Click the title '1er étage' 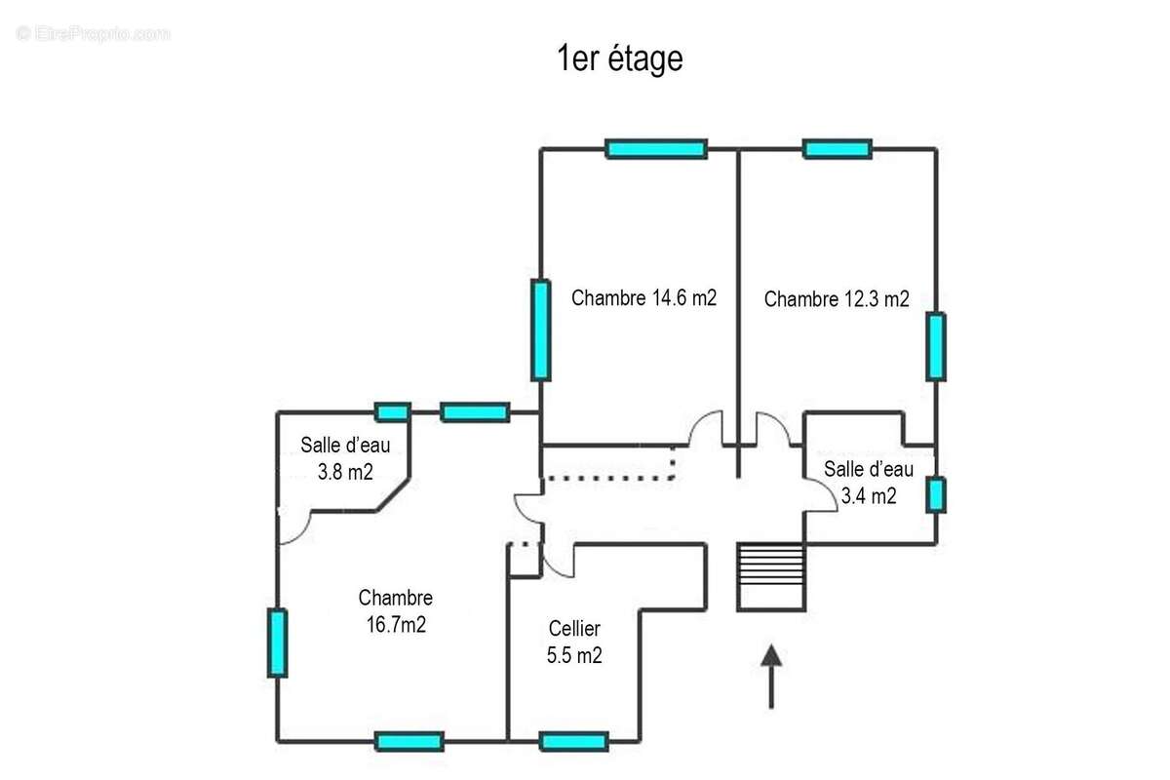[619, 59]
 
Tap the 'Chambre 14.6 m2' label [643, 298]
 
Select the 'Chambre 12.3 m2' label [837, 299]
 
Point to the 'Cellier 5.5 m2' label [574, 643]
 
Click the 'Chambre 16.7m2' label [395, 611]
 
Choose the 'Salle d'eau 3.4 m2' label [869, 482]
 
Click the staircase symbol [770, 576]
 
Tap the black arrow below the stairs [771, 675]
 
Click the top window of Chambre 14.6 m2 [655, 149]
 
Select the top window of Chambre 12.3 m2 [837, 149]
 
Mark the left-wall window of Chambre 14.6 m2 [540, 330]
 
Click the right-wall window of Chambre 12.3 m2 [936, 346]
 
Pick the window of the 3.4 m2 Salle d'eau [936, 494]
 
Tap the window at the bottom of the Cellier [574, 742]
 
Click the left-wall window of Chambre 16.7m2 [278, 643]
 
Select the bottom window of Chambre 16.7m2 [409, 742]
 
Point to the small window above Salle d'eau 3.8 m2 [393, 412]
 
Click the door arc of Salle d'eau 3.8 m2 [295, 526]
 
